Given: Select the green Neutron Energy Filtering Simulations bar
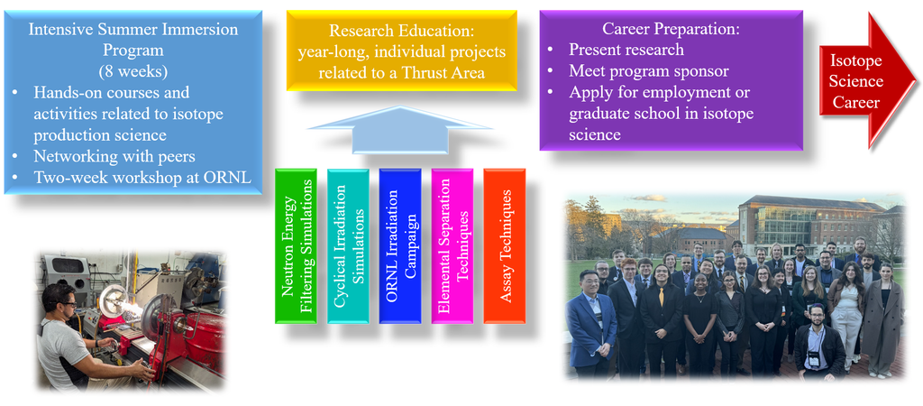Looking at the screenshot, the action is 296,245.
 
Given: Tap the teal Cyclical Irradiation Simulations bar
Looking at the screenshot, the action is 348,245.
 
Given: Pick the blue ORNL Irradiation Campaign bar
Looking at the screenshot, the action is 400,245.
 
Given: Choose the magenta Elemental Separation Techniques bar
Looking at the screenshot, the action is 452,245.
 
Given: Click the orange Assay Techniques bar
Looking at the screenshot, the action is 505,245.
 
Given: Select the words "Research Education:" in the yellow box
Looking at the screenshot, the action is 402,32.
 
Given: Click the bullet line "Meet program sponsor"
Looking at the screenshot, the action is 649,71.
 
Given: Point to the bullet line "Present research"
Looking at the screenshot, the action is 626,51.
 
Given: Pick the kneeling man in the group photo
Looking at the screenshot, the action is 817,342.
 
